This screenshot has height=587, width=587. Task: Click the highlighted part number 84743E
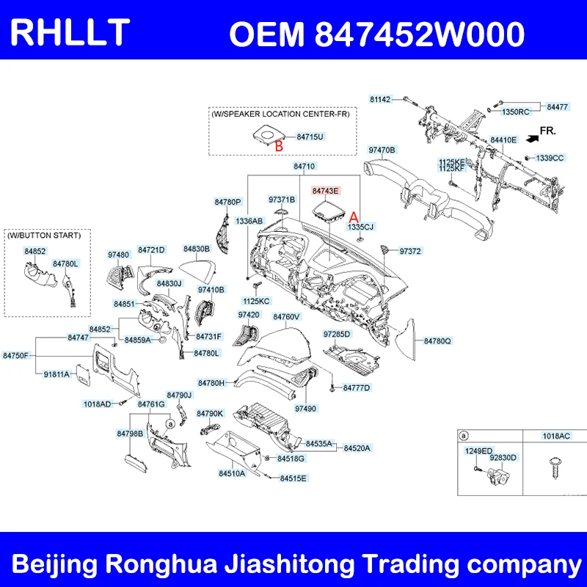(326, 192)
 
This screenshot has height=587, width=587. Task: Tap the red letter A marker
(353, 217)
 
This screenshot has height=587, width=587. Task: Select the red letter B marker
(279, 145)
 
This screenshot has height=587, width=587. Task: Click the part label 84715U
(310, 136)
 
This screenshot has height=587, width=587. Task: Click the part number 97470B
(382, 150)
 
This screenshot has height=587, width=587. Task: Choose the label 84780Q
(438, 340)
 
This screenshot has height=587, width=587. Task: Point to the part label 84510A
(233, 473)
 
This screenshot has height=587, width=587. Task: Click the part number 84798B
(130, 433)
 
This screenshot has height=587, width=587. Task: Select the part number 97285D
(337, 335)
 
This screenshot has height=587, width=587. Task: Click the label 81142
(380, 98)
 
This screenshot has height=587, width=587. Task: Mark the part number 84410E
(504, 139)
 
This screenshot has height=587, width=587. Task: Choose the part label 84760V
(286, 317)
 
